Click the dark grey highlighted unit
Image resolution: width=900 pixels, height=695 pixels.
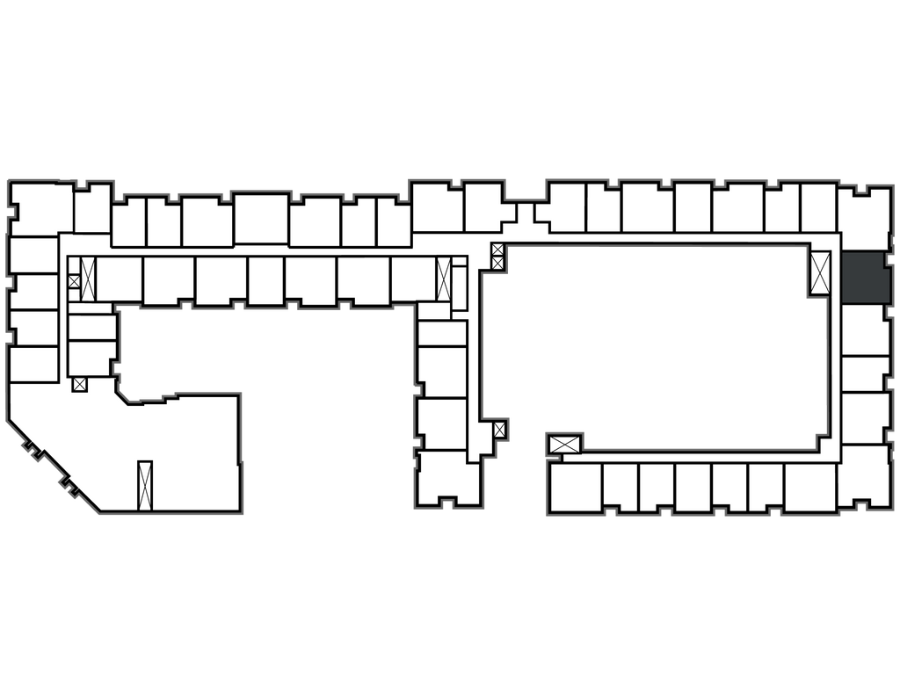[865, 277]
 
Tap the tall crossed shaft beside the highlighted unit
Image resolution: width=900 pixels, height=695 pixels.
[821, 271]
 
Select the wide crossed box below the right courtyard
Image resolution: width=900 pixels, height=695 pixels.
[563, 445]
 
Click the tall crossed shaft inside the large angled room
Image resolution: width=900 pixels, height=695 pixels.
[145, 484]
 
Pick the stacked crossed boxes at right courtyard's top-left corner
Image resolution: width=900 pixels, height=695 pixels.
[498, 255]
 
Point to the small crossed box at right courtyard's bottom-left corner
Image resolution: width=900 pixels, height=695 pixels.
[499, 430]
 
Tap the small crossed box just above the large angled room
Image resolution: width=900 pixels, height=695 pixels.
[80, 384]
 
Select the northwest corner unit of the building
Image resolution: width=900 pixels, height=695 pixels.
[41, 208]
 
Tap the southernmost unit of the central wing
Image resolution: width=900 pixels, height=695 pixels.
[448, 478]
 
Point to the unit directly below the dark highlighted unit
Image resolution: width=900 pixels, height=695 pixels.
[865, 329]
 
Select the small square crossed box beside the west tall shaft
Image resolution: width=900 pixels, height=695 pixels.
[74, 281]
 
